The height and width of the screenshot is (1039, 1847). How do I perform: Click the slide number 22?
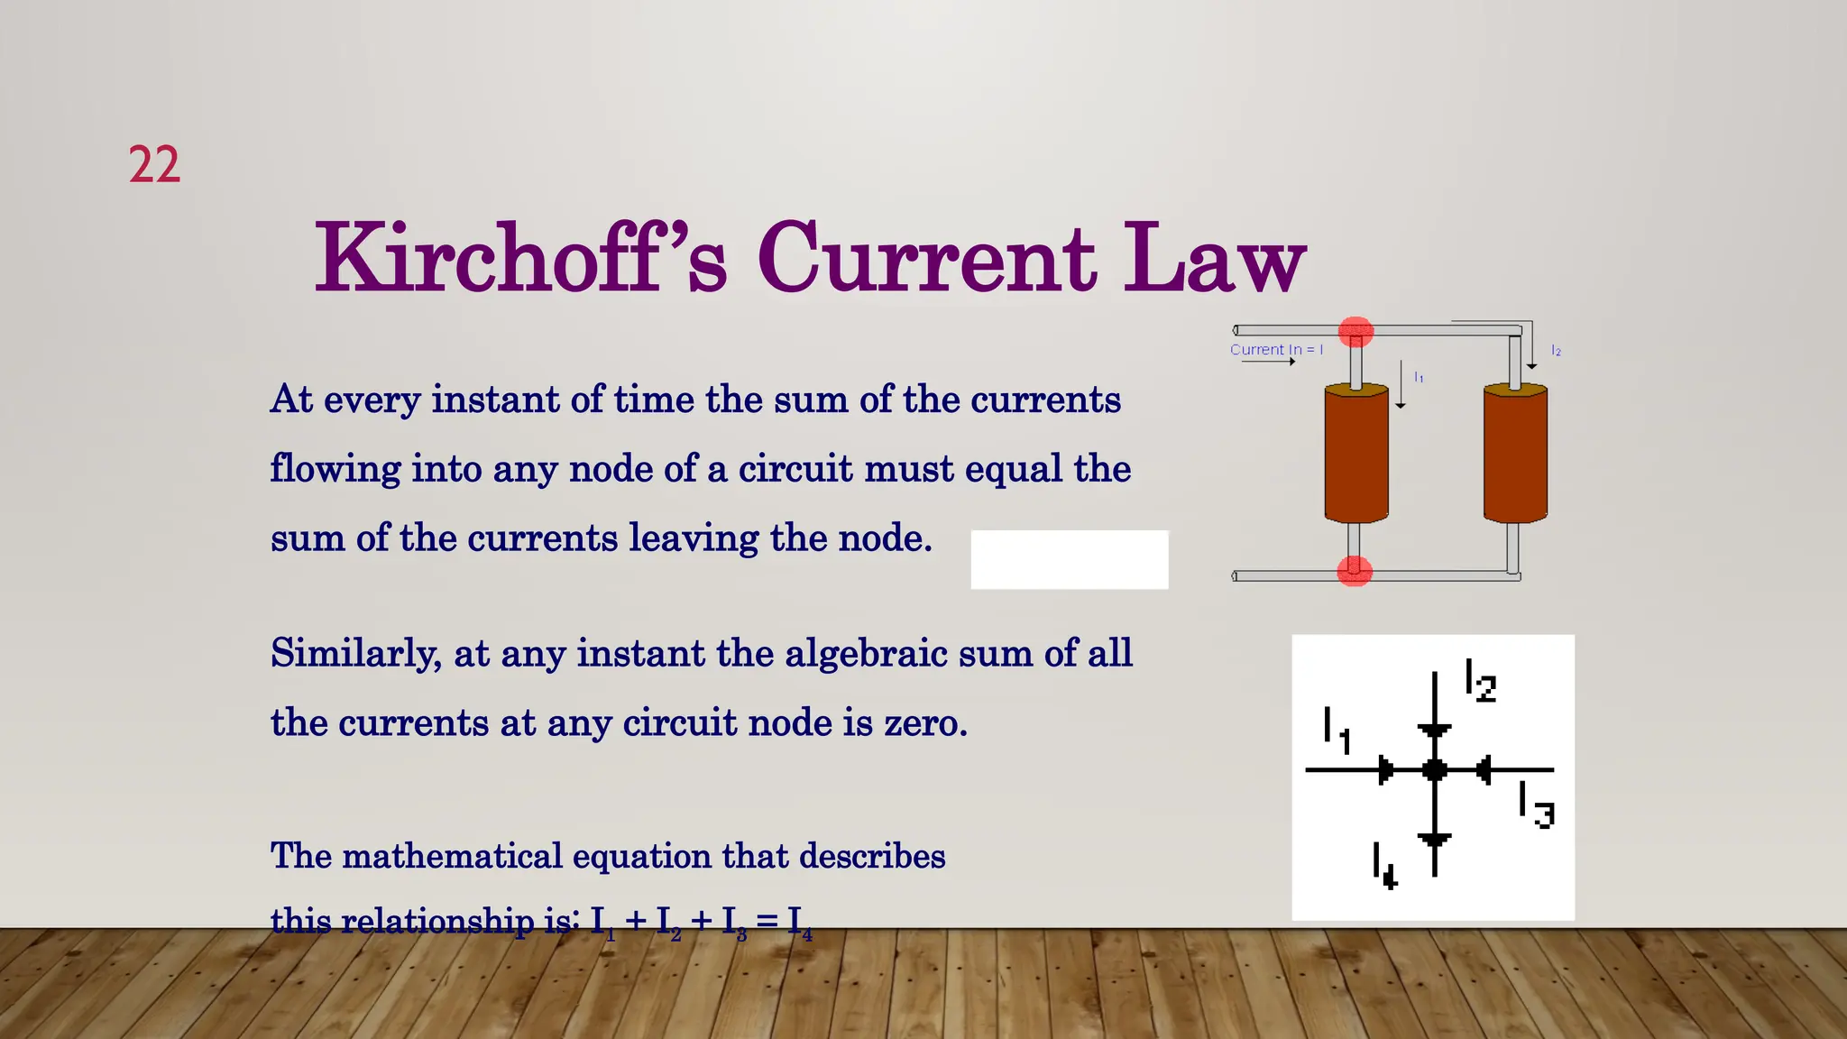coord(154,165)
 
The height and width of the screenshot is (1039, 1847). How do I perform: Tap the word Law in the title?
coord(1214,258)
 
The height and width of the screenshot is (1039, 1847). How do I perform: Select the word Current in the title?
coord(926,258)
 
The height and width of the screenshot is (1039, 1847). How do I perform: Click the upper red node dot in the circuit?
coord(1355,331)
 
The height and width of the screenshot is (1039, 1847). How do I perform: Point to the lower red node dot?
coord(1354,571)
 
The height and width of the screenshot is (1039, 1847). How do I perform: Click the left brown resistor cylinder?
coord(1355,453)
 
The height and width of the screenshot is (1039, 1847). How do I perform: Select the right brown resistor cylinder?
coord(1515,453)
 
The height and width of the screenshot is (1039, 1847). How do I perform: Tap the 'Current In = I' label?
coord(1276,350)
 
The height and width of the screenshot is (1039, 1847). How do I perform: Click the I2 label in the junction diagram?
coord(1480,681)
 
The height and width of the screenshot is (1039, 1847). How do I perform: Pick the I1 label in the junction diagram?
coord(1337,731)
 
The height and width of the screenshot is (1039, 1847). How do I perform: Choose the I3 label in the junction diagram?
coord(1536,805)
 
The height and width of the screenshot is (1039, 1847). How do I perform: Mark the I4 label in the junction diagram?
coord(1384,866)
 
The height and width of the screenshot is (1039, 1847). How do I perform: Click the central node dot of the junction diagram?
coord(1434,770)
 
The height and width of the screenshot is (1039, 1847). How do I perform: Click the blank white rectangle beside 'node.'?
coord(1069,560)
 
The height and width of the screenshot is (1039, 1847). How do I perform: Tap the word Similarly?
coord(355,654)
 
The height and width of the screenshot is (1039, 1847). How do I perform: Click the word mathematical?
coord(452,856)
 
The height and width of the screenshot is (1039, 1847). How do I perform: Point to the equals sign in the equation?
coord(767,921)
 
